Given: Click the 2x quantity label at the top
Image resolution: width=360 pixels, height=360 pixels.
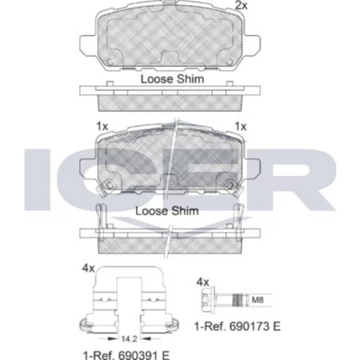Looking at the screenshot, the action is [241, 5].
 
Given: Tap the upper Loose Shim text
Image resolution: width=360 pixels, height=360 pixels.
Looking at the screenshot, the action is [172, 79].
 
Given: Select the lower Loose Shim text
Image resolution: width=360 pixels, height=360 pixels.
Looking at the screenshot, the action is [167, 211].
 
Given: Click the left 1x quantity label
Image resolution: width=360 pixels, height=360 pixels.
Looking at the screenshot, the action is [102, 126].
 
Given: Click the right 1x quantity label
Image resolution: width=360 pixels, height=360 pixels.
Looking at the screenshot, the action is [240, 126].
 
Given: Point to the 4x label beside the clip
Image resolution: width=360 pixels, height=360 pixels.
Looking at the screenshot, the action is [89, 268].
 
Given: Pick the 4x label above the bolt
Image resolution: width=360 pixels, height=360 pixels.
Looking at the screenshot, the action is [203, 282].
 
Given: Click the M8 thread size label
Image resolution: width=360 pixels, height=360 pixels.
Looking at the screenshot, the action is [258, 300].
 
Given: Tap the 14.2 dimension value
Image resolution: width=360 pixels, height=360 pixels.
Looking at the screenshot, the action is [129, 339].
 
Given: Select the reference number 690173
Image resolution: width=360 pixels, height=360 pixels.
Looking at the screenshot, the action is [248, 326].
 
